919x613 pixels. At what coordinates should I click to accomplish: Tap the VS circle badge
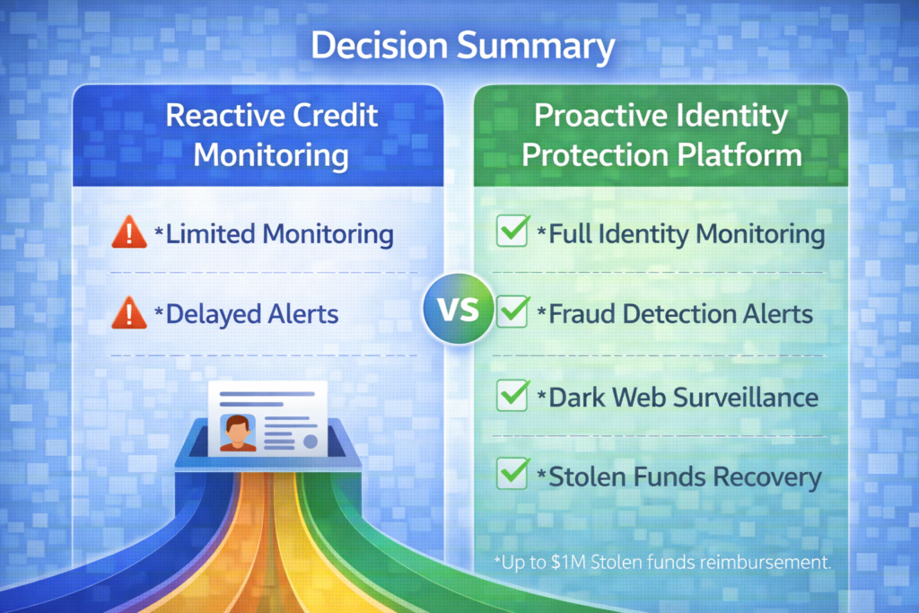pos(459,311)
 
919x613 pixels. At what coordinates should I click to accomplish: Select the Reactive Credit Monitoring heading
pos(271,135)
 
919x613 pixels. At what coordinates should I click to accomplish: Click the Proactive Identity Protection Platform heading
pos(661,135)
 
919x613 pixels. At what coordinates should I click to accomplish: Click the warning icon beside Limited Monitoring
pos(129,233)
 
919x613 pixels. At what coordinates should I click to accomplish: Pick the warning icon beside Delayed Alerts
pos(129,313)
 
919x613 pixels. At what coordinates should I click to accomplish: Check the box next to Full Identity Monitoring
pos(512,232)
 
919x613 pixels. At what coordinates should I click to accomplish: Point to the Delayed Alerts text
pos(251,314)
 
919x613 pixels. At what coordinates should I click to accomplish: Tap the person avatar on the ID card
pos(238,432)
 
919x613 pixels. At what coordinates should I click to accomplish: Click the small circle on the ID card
pos(310,441)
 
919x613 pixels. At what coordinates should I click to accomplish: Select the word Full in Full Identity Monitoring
pos(572,234)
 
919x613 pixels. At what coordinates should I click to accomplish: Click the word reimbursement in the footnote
pos(772,564)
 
